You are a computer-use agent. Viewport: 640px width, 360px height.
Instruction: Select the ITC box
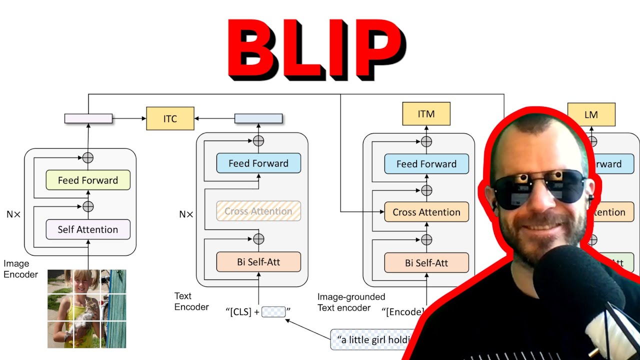click(x=170, y=118)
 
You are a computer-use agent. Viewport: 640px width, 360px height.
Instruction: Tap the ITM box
click(x=426, y=114)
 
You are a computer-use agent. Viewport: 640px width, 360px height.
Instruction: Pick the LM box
click(x=591, y=114)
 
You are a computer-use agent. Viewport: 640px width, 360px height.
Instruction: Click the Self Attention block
click(x=88, y=229)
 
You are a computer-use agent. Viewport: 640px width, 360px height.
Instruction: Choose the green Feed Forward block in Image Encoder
click(x=88, y=180)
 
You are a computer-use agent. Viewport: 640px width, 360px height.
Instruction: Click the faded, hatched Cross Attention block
click(x=258, y=211)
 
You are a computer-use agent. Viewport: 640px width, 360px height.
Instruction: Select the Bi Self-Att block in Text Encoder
click(x=258, y=261)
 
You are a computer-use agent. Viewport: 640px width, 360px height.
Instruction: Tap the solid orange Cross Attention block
click(x=426, y=212)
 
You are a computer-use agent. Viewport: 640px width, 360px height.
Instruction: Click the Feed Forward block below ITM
click(x=426, y=163)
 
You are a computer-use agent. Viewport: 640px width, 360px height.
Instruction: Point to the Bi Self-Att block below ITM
click(x=426, y=262)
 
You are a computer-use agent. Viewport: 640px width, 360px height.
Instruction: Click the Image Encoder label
click(x=20, y=269)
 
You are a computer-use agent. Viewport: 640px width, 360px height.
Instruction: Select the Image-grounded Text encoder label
click(x=351, y=302)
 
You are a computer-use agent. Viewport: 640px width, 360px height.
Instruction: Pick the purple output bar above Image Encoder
click(x=88, y=118)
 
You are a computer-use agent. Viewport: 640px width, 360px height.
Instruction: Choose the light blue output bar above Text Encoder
click(x=258, y=118)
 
